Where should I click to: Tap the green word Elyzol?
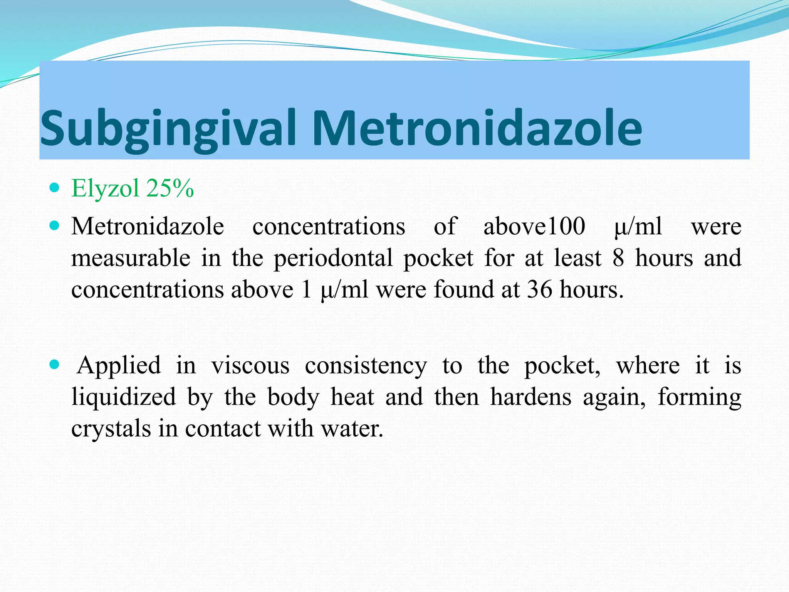click(x=105, y=188)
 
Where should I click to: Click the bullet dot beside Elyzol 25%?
click(x=55, y=188)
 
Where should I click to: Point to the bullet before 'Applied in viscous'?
click(x=55, y=364)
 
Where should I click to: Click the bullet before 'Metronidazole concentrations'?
click(x=55, y=225)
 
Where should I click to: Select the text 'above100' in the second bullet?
click(x=534, y=226)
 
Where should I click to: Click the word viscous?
click(x=250, y=365)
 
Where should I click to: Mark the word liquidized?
click(x=124, y=397)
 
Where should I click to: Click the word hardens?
click(x=530, y=397)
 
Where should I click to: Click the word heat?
click(x=352, y=397)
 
